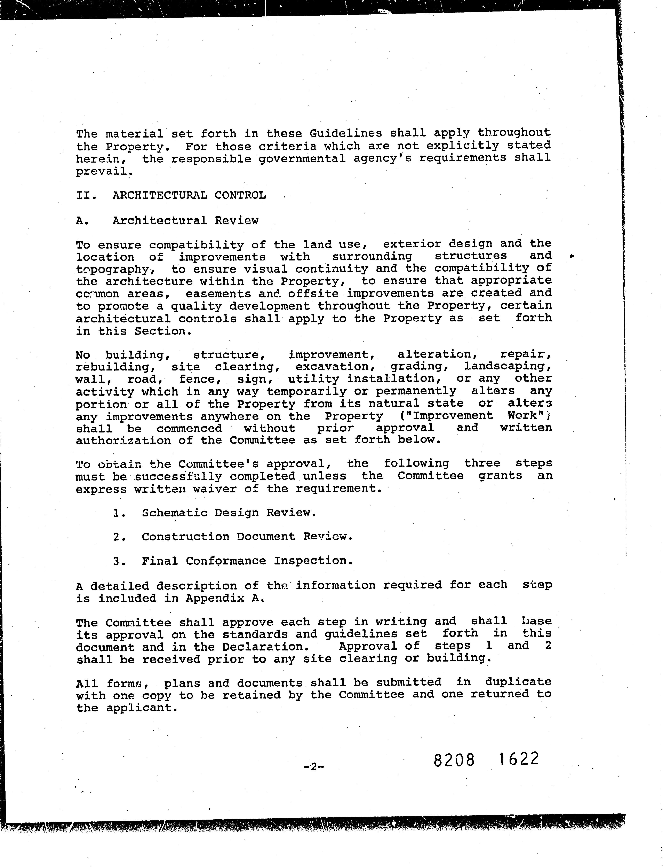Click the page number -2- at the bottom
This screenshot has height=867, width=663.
[x=313, y=767]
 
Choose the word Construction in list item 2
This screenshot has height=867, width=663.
[x=185, y=537]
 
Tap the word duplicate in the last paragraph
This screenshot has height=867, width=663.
[x=518, y=682]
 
